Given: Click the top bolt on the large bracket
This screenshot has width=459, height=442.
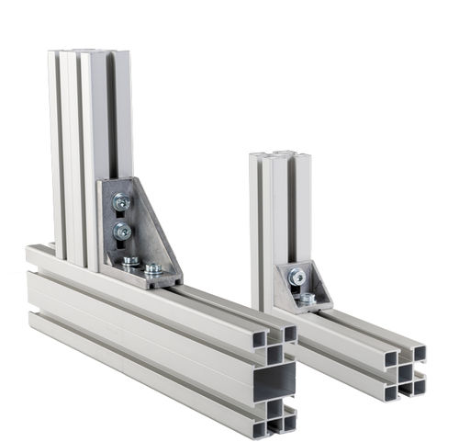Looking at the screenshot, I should (121, 201).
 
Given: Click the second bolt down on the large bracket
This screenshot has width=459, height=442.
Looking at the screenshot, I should (122, 232).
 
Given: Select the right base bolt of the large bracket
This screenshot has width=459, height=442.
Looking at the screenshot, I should (153, 270).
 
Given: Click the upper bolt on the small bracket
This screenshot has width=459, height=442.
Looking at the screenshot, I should (296, 276).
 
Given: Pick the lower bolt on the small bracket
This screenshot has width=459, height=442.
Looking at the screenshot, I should (307, 298).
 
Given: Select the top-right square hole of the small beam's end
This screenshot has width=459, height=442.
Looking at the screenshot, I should (419, 353).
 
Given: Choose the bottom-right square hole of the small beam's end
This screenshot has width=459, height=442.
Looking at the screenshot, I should (419, 386).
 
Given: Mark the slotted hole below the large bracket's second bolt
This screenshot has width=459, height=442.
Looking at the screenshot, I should (125, 250).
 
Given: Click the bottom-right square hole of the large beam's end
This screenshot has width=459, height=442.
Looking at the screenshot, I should (290, 422).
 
